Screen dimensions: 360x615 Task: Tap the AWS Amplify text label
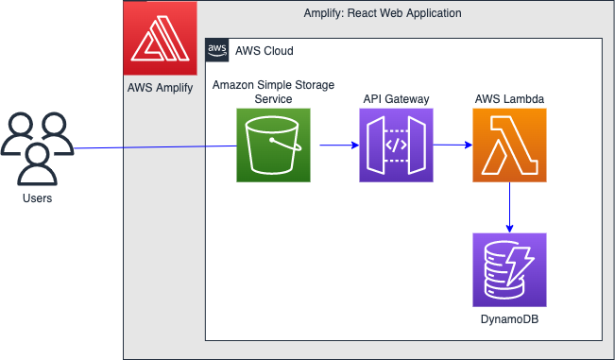161,88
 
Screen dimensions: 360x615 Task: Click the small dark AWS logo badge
217,50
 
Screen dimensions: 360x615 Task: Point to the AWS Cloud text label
264,51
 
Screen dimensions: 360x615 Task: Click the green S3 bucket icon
273,145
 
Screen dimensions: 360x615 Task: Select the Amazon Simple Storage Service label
273,92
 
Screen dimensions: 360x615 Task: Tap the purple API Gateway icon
396,145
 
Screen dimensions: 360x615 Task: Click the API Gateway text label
396,98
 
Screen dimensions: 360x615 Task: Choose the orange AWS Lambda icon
510,145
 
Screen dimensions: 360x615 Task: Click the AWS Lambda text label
510,98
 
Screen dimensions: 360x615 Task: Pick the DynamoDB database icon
510,269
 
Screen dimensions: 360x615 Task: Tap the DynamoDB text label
510,319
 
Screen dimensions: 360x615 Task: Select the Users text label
37,198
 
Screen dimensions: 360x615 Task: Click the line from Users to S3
151,147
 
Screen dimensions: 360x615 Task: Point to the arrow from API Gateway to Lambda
453,146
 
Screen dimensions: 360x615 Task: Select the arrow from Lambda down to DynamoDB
510,207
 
